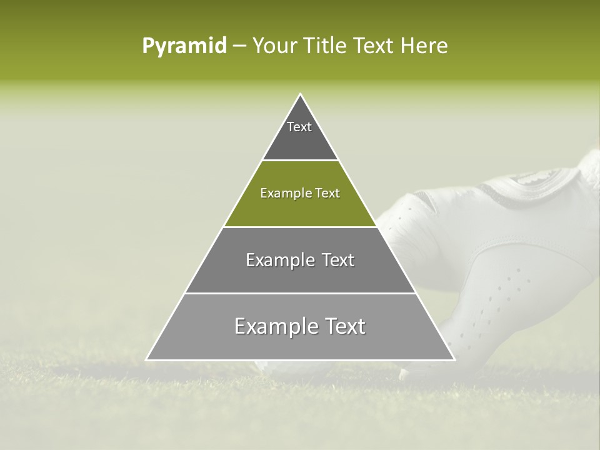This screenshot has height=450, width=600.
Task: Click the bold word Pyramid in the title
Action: point(184,46)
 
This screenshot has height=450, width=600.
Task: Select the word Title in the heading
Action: point(325,46)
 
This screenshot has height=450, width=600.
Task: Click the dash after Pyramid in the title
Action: point(239,46)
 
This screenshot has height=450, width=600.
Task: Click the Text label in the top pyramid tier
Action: point(299,127)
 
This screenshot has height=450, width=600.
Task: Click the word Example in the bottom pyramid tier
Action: point(272,327)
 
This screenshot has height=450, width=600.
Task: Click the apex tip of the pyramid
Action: point(301,95)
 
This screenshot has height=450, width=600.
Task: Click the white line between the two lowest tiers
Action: point(300,293)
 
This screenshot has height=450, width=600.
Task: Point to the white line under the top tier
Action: point(300,161)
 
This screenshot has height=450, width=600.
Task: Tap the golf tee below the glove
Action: point(404,374)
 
